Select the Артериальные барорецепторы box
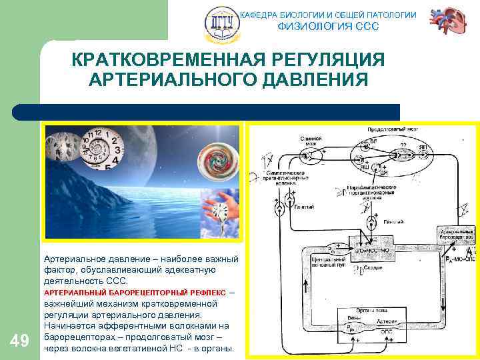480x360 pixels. pos(455,233)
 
